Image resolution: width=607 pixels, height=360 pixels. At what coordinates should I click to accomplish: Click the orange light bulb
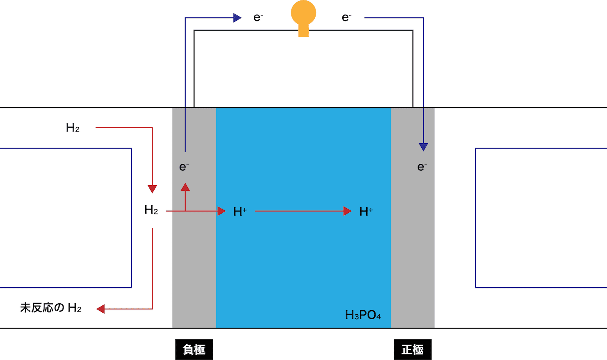click(303, 18)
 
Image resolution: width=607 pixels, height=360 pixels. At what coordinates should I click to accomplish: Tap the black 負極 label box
click(194, 349)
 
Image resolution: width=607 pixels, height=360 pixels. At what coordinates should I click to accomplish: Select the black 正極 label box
click(412, 349)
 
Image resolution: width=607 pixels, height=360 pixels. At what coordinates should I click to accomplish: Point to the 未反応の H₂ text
click(51, 308)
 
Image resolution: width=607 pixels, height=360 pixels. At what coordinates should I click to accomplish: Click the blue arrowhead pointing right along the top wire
click(238, 18)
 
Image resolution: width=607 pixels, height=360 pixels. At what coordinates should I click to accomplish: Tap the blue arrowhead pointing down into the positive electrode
click(423, 147)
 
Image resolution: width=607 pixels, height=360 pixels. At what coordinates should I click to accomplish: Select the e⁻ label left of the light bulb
click(258, 18)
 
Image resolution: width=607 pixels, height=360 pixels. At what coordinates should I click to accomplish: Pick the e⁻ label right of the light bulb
click(346, 18)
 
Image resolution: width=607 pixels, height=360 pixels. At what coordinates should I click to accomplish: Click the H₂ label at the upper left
click(72, 127)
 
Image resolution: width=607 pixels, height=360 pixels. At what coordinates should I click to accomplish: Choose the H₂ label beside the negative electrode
click(151, 210)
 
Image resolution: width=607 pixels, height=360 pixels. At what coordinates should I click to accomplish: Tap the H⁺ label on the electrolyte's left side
click(240, 212)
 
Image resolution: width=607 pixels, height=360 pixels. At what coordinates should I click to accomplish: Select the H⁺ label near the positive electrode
click(366, 212)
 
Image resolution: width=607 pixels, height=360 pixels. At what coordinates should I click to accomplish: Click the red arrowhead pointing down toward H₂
click(152, 189)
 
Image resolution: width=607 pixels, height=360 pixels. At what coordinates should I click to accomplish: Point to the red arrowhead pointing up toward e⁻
click(185, 187)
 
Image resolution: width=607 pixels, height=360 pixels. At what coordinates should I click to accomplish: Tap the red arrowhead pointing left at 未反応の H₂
click(100, 309)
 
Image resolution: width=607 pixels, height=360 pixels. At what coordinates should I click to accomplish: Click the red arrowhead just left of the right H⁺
click(347, 211)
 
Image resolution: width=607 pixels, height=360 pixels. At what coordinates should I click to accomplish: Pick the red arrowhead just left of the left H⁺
click(221, 211)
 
